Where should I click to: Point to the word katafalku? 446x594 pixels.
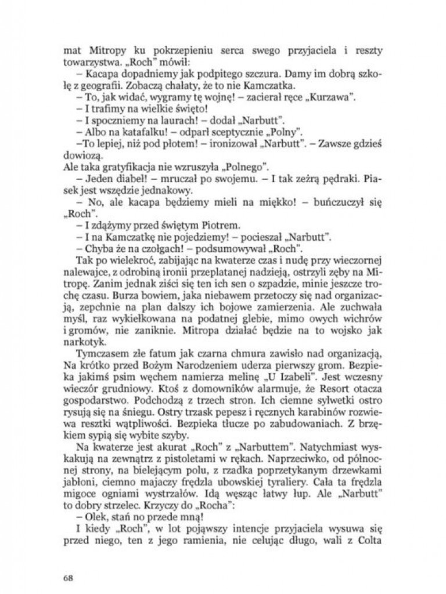[121, 131]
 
